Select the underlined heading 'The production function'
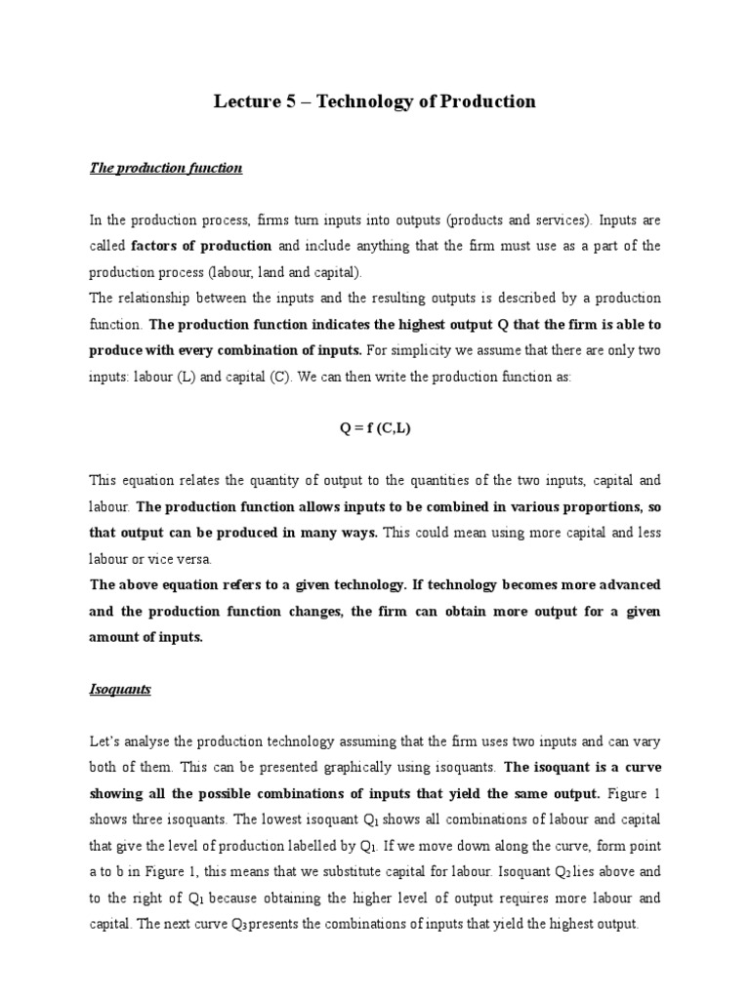coord(166,168)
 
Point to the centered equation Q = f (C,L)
coord(375,427)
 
